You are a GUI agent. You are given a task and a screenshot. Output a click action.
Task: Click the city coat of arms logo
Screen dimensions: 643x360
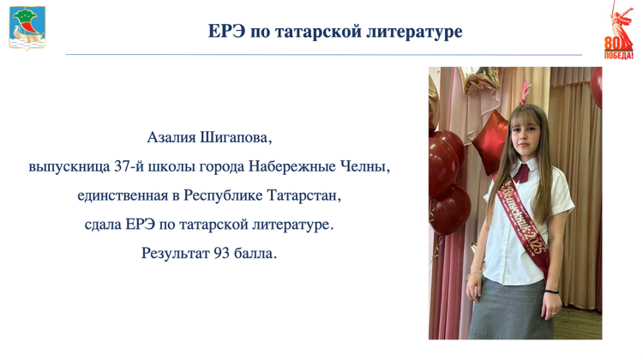[27, 28]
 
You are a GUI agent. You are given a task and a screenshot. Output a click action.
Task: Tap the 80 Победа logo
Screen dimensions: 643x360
[618, 30]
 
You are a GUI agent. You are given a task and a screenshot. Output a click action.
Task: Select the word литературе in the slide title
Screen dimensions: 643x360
[414, 31]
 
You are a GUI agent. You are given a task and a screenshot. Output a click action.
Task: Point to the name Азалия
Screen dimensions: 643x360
[171, 137]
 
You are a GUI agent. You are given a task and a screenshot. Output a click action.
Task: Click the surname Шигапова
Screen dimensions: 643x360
[236, 138]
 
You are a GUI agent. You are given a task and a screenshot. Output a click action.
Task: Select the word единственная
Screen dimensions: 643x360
[123, 195]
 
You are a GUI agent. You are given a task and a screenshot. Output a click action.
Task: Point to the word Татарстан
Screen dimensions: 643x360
[303, 195]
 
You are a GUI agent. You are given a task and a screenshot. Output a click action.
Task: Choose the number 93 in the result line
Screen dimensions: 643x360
[221, 254]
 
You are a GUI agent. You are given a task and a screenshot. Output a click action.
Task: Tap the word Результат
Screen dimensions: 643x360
[176, 254]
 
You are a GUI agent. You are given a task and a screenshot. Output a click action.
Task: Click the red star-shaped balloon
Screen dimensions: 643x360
[490, 142]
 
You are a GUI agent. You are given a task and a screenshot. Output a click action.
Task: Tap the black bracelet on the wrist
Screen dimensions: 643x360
[551, 291]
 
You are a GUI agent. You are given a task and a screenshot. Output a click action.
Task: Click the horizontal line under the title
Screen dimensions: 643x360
[323, 54]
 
